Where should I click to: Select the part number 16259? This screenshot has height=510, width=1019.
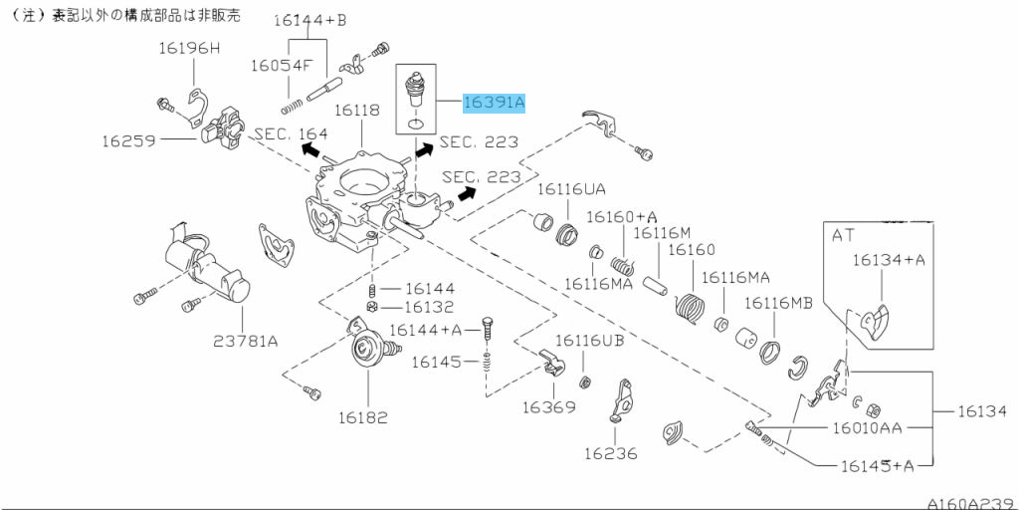[x=127, y=140]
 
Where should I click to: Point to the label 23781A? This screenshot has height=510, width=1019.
[x=245, y=341]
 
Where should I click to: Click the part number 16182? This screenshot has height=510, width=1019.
[x=362, y=417]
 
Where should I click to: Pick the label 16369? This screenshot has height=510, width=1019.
[x=549, y=406]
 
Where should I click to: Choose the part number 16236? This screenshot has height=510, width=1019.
[x=610, y=453]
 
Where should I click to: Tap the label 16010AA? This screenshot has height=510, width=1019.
[x=867, y=428]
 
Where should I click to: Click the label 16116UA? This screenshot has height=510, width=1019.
[x=571, y=188]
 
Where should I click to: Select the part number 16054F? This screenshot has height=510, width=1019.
[x=282, y=65]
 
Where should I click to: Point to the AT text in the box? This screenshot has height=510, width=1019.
[x=844, y=235]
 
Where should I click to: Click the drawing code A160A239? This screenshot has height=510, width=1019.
[x=969, y=503]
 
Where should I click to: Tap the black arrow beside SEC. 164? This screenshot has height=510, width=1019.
[x=311, y=150]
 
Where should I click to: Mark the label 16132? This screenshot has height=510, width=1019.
[x=429, y=308]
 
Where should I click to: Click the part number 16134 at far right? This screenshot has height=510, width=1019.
[x=982, y=410]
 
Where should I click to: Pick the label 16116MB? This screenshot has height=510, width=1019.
[x=778, y=302]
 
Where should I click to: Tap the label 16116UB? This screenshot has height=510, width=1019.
[x=589, y=341]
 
